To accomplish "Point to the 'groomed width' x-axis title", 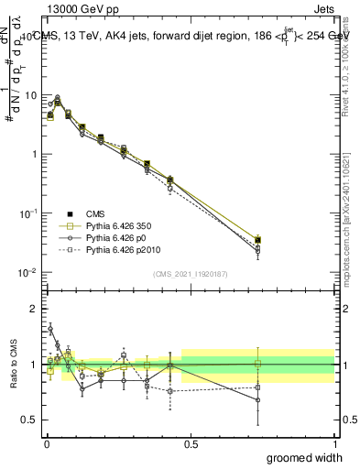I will tap(306, 457).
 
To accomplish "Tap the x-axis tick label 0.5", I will tap(190, 444).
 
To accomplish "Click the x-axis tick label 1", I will tap(334, 444).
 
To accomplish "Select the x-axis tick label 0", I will tap(46, 444).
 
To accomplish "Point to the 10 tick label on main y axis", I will tap(30, 95).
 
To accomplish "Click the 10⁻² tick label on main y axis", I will tap(28, 273).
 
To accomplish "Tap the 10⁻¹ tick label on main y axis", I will tap(28, 213).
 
